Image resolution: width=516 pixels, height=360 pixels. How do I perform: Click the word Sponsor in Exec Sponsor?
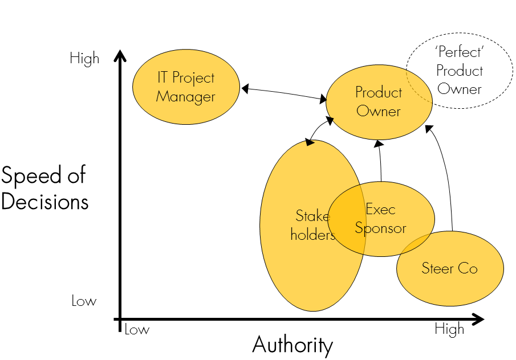[380, 228]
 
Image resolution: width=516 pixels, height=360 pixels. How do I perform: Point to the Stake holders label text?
[312, 225]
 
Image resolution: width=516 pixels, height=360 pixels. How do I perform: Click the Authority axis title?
[292, 345]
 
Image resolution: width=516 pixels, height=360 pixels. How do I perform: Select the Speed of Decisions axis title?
[44, 188]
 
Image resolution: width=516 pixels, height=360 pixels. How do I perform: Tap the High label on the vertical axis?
[84, 59]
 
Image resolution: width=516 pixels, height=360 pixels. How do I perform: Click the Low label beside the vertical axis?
[84, 301]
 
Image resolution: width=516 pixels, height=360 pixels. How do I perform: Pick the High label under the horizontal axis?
[449, 329]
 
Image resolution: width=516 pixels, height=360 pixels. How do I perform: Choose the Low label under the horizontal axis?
[137, 330]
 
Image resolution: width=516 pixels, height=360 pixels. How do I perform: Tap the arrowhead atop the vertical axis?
[120, 56]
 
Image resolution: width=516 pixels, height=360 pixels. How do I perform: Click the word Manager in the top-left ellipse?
[186, 97]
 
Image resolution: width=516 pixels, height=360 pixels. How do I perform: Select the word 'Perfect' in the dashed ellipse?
[451, 53]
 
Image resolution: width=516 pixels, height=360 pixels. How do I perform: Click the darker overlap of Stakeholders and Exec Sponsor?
[348, 219]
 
